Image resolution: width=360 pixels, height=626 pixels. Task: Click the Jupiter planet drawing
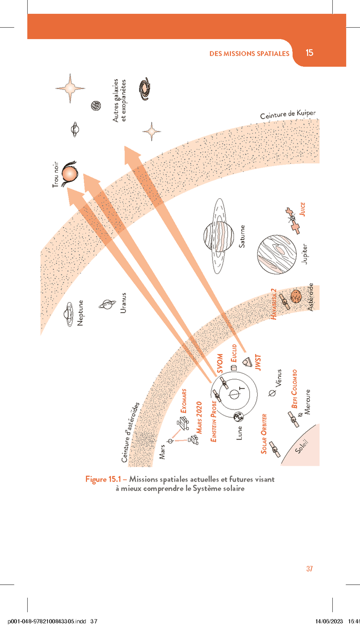[277, 254]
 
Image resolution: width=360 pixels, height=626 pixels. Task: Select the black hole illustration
[69, 174]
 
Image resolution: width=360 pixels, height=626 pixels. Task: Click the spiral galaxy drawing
[145, 89]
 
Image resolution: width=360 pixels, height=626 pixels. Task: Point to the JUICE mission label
[302, 209]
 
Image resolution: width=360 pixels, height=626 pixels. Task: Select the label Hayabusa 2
[273, 304]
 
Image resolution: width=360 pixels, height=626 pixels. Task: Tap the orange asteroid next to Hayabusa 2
[296, 296]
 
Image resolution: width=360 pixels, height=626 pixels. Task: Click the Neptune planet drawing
[69, 314]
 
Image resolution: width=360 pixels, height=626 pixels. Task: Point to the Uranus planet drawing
[107, 304]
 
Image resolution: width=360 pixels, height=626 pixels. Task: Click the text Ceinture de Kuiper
[288, 114]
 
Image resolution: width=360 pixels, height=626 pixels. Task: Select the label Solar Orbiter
[264, 434]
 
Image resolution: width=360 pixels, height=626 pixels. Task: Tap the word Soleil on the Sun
[301, 447]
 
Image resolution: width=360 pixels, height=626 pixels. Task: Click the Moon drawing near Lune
[239, 417]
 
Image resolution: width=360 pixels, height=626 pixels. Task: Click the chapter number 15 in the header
[310, 53]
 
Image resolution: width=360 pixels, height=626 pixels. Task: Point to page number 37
[310, 568]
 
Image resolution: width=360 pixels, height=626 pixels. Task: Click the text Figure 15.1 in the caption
[103, 479]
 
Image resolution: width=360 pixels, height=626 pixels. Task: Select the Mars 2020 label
[199, 417]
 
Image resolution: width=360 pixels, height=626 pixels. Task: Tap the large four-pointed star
[70, 88]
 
